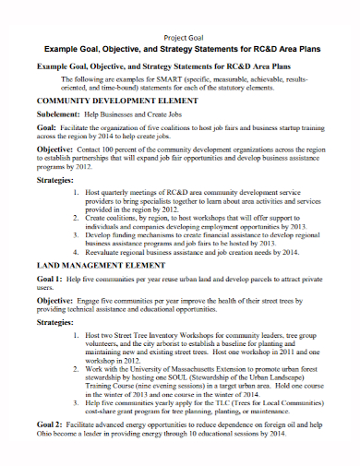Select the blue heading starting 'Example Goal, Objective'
pos(180,47)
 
